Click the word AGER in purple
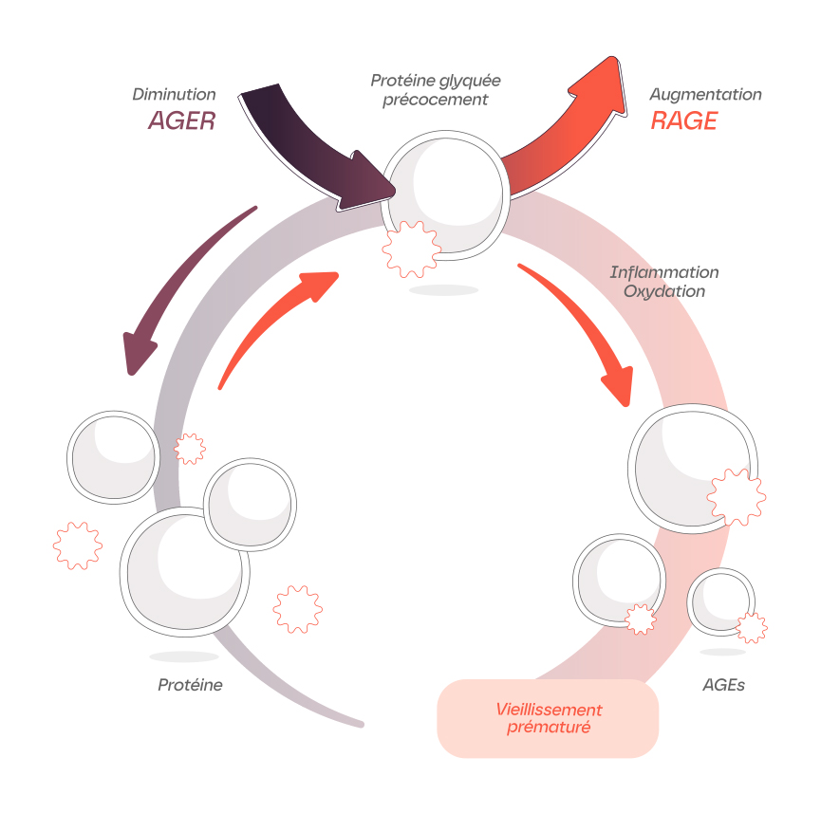(x=182, y=120)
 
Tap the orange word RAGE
(x=683, y=120)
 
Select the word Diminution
(x=174, y=95)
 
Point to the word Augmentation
(x=705, y=95)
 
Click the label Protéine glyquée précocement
(x=435, y=90)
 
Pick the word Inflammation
(x=663, y=272)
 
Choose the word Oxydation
(x=663, y=291)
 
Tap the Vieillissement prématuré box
(x=548, y=718)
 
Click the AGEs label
(x=723, y=685)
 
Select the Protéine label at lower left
(x=190, y=685)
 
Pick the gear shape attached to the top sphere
(x=411, y=249)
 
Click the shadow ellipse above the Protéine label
(x=183, y=656)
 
